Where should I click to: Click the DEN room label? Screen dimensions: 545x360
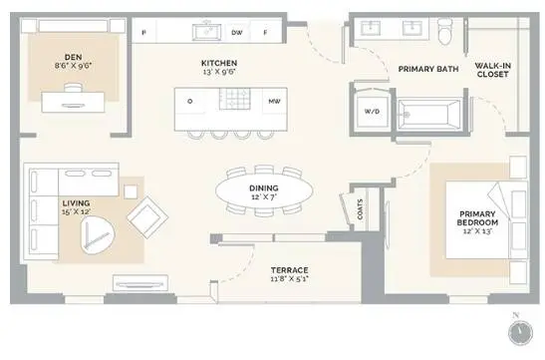(x=73, y=57)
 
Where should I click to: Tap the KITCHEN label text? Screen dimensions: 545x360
(x=219, y=63)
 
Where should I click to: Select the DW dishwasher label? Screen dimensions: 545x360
(x=237, y=33)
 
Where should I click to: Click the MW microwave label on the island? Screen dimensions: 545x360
(x=274, y=101)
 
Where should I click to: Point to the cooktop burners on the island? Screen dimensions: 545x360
(x=234, y=99)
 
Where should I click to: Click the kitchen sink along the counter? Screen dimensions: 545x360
(x=207, y=32)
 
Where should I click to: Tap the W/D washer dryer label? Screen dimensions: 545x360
(x=372, y=112)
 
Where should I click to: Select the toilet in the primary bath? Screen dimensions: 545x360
(x=445, y=32)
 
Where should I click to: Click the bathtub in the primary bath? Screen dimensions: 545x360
(x=429, y=115)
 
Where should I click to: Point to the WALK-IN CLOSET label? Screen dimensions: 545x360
(x=493, y=70)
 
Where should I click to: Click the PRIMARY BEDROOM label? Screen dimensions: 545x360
(x=477, y=218)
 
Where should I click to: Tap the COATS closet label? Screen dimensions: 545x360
(x=360, y=209)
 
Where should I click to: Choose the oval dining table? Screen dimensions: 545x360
(x=264, y=190)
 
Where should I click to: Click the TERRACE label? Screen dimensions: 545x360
(x=290, y=270)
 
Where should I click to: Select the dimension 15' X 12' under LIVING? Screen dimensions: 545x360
(x=76, y=211)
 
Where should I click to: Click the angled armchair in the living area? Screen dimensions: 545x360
(x=147, y=217)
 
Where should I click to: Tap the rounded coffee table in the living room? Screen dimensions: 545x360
(x=98, y=235)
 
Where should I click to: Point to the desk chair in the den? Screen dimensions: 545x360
(x=74, y=88)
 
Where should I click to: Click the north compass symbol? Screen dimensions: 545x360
(x=520, y=333)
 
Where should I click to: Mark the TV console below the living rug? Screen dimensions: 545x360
(x=140, y=283)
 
